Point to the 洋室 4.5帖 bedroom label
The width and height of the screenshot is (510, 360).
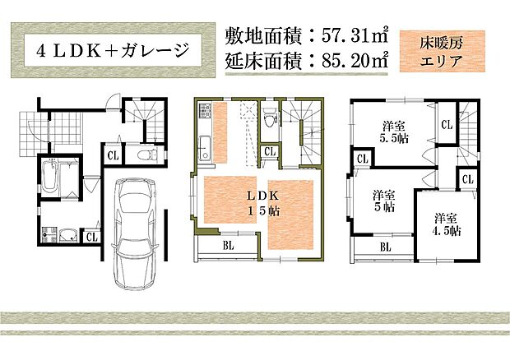pyautogui.click(x=446, y=224)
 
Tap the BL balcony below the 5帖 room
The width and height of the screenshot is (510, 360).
pyautogui.click(x=385, y=246)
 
